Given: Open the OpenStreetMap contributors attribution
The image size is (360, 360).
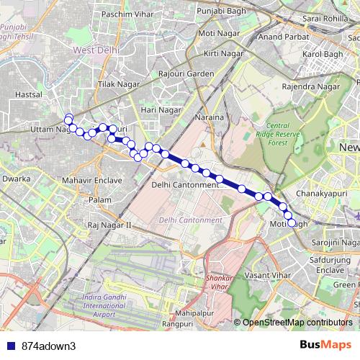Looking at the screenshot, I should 298,323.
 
